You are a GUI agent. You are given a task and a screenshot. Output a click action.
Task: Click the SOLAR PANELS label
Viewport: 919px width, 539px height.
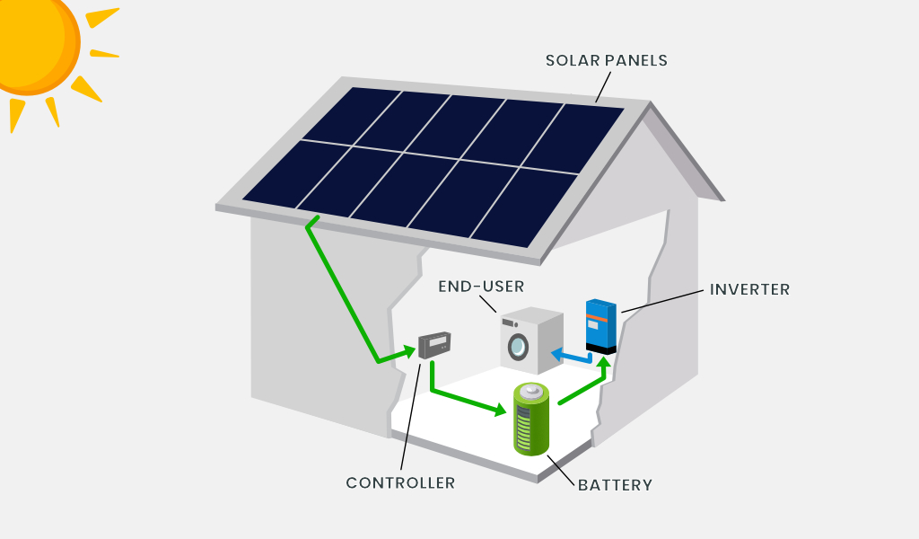606,60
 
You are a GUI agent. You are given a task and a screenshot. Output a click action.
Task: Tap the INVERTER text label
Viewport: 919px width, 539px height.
749,289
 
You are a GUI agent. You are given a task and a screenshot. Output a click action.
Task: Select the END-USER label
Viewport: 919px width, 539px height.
481,287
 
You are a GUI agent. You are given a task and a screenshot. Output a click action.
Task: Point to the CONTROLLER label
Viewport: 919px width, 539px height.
400,482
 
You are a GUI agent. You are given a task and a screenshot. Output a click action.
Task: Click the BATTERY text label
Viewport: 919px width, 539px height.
615,485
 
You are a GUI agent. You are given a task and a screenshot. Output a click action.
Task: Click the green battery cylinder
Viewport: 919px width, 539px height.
531,419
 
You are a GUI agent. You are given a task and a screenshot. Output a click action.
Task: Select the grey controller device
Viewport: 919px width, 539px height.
434,345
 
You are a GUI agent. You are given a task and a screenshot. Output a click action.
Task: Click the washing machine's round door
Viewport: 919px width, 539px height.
518,346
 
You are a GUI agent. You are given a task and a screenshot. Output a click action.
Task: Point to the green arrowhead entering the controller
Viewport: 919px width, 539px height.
409,352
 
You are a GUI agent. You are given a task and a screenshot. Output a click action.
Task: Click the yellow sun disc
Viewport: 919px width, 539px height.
36,42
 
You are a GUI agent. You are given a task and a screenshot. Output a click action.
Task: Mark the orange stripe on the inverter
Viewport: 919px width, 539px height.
598,319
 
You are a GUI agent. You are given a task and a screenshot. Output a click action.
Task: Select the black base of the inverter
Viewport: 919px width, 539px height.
600,349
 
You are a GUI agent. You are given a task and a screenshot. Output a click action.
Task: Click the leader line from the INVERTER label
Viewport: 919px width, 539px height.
662,301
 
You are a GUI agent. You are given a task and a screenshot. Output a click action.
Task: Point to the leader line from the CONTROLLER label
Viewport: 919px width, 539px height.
410,417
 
